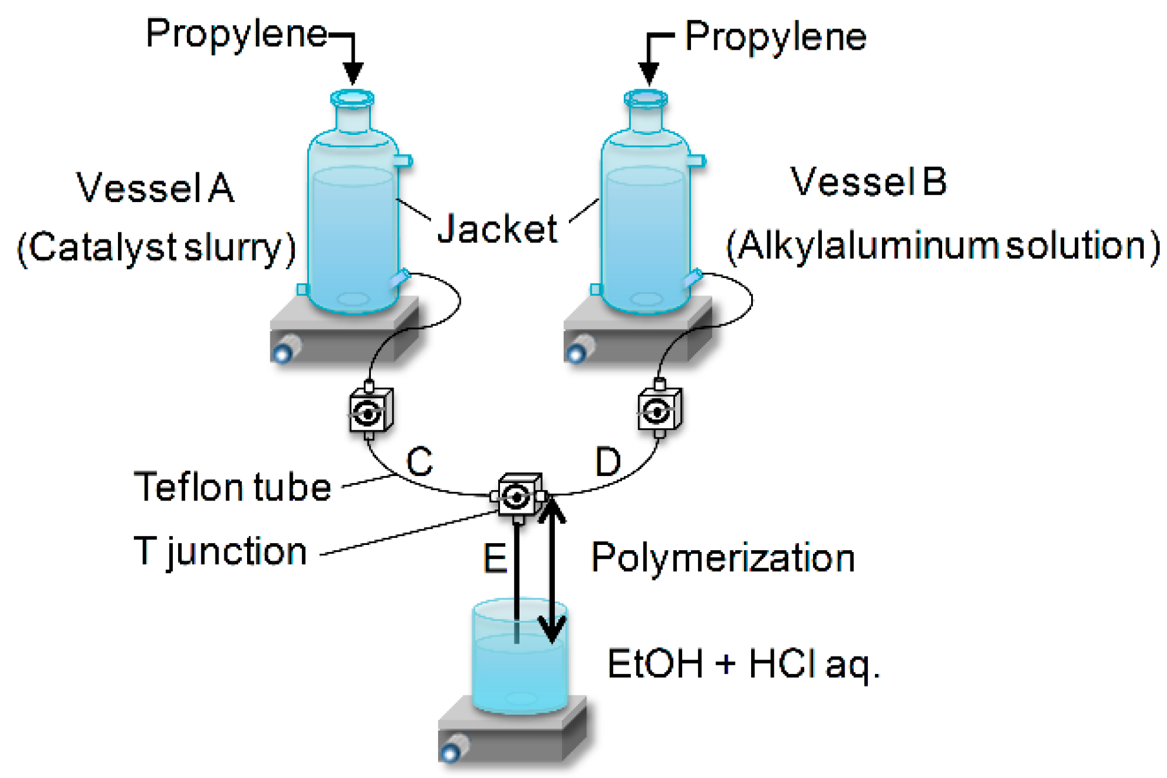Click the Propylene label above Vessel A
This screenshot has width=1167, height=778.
point(236,34)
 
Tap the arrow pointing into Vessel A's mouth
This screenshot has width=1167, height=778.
point(352,64)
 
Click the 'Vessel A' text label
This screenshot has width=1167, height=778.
point(155,188)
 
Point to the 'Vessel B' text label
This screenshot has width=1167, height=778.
point(868,182)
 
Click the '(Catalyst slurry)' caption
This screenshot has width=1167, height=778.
point(157,248)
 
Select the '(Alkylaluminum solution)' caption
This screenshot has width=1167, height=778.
point(943,246)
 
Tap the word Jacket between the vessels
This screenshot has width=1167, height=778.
point(498,228)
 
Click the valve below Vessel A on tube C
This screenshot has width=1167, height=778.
point(370,411)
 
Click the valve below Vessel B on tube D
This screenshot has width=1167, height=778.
point(659,411)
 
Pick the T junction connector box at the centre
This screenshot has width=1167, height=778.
point(519,496)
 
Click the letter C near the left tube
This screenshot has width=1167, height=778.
point(419,461)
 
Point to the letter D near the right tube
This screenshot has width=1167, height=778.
point(608,462)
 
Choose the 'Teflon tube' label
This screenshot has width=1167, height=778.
point(232,487)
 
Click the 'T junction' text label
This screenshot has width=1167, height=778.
point(220,551)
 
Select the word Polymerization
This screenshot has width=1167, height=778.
point(723,558)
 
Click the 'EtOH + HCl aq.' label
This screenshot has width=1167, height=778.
point(743,664)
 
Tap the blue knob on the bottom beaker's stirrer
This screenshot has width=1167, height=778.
point(450,753)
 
